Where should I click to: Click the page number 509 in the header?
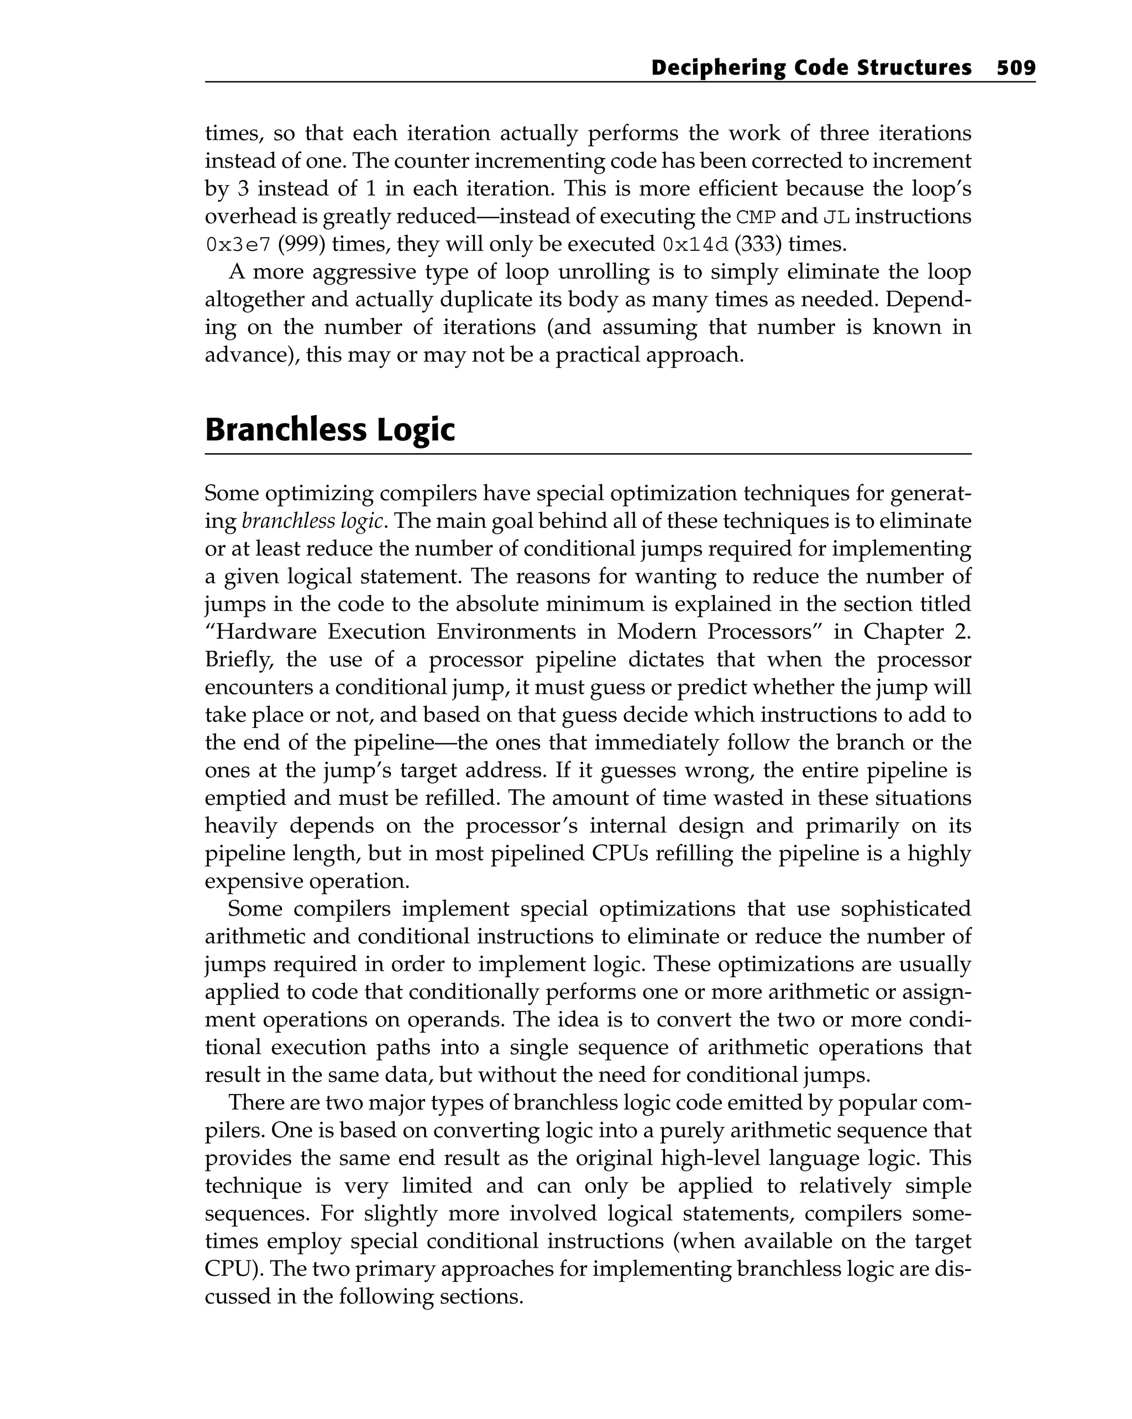point(1015,68)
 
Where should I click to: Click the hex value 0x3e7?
point(238,245)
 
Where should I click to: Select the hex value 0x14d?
point(695,245)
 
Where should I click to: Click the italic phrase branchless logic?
point(312,521)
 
